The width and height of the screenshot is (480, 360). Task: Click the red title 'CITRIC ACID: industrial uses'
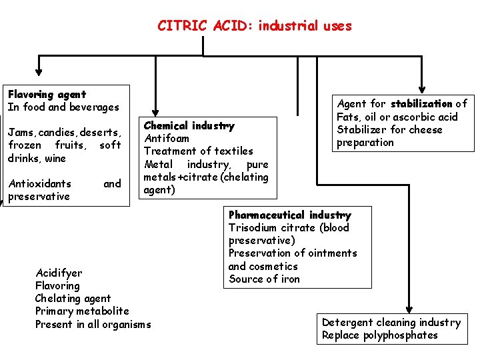click(x=254, y=26)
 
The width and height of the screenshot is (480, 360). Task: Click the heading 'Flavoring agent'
click(x=47, y=95)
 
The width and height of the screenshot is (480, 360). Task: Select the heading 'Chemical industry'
click(x=189, y=125)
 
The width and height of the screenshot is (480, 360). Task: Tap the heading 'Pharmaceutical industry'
click(x=289, y=215)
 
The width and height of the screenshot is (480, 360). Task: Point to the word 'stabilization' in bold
click(x=421, y=103)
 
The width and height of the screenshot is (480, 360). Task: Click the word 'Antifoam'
click(x=167, y=138)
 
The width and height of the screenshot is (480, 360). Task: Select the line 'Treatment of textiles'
click(x=199, y=151)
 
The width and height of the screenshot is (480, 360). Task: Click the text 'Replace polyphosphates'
click(x=379, y=335)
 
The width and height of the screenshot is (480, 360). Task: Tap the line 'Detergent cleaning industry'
click(x=391, y=323)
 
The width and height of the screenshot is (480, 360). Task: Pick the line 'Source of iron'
click(x=264, y=279)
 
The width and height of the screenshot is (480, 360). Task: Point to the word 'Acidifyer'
click(x=59, y=273)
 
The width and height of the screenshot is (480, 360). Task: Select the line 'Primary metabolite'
click(x=82, y=311)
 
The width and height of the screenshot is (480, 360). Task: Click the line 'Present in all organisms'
click(x=93, y=324)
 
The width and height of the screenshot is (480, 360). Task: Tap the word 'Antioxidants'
click(x=39, y=183)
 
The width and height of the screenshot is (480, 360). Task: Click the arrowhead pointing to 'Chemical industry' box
click(x=155, y=111)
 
